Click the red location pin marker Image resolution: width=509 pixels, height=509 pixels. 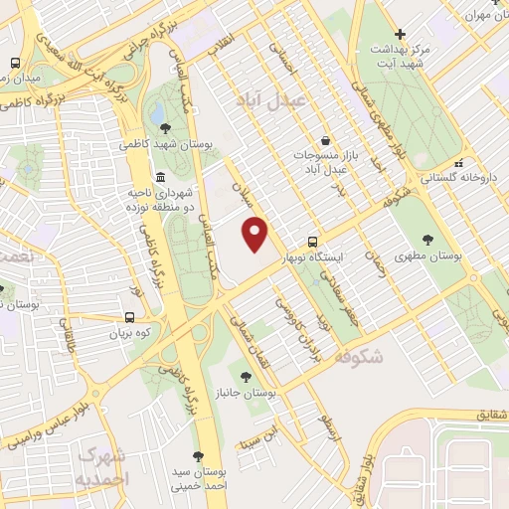pos(256,234)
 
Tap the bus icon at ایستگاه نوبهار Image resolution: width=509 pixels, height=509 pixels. pos(313,242)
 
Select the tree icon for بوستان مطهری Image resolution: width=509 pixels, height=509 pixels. pos(427,240)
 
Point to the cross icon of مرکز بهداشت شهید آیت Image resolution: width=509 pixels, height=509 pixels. pos(399,33)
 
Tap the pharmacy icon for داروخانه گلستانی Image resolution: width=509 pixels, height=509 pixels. pos(458,163)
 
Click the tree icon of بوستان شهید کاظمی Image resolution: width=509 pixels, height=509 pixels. pos(165,127)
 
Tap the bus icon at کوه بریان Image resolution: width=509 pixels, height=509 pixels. pos(130,319)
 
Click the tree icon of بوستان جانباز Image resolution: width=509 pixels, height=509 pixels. pos(246,377)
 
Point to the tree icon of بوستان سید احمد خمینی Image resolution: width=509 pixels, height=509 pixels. pos(197,456)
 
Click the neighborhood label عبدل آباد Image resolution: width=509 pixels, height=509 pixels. pos(274,100)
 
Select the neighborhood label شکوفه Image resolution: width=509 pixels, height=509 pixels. pos(359,356)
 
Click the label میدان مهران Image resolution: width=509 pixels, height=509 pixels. pos(484,14)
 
